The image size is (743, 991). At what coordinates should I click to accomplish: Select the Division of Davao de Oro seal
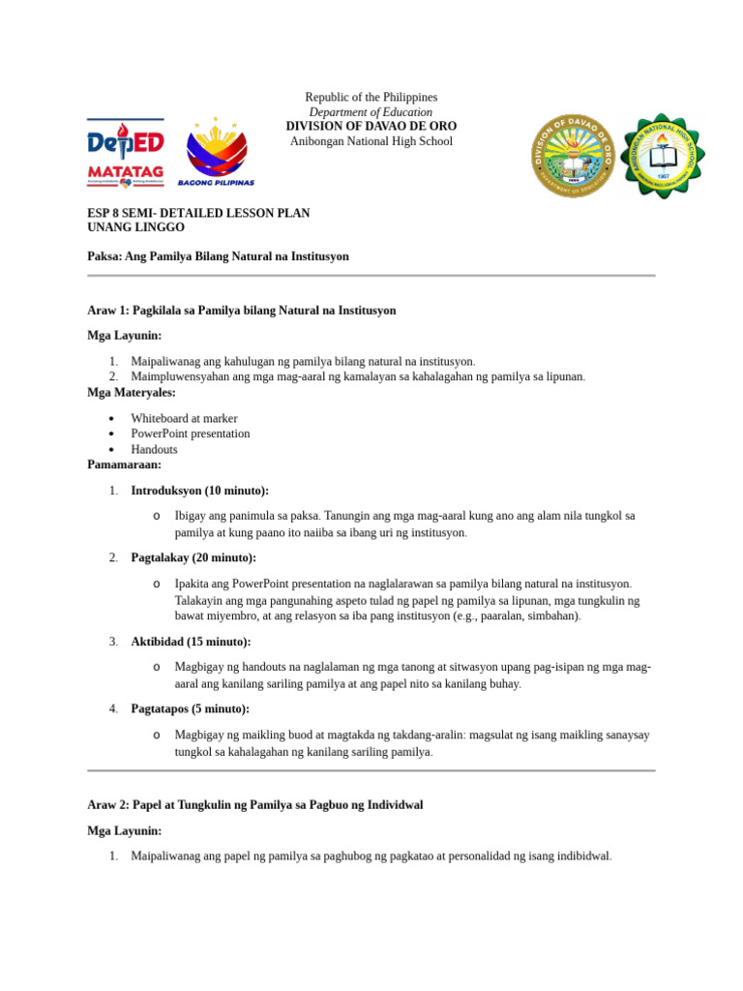click(x=574, y=156)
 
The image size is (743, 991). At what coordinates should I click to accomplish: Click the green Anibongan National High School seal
click(x=663, y=156)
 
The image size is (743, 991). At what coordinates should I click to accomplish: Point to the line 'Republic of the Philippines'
click(x=371, y=98)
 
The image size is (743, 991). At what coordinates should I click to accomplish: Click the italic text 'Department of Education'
click(x=371, y=112)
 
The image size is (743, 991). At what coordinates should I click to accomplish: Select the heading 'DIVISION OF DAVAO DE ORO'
click(x=371, y=127)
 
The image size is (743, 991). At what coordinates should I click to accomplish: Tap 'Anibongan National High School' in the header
click(x=371, y=141)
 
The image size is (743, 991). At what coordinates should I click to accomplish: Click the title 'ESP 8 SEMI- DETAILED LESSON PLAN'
click(x=198, y=213)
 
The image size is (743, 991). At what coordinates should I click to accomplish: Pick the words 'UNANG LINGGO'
click(x=135, y=227)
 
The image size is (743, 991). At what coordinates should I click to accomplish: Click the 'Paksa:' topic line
click(x=218, y=256)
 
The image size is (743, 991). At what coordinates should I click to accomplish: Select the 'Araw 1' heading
click(x=241, y=311)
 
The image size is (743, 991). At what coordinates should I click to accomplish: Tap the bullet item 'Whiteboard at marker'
click(x=184, y=419)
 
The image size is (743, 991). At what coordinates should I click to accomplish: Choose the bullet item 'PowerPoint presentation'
click(x=190, y=434)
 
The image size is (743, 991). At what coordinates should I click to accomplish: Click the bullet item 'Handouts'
click(x=154, y=449)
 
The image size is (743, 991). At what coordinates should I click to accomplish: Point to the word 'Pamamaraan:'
click(x=124, y=465)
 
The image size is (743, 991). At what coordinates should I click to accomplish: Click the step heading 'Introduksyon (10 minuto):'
click(x=199, y=491)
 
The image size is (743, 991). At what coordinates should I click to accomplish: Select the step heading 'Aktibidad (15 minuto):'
click(x=191, y=642)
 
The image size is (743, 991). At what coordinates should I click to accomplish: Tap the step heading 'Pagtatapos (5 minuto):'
click(x=190, y=709)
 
